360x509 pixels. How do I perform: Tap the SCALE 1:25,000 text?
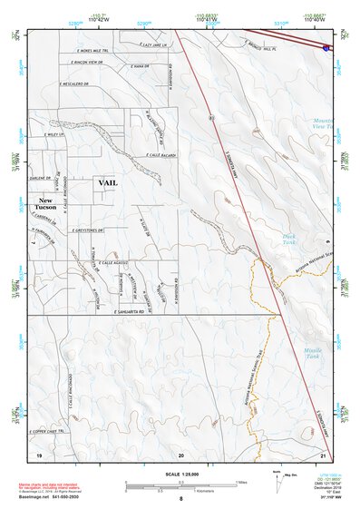tap(180, 475)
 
